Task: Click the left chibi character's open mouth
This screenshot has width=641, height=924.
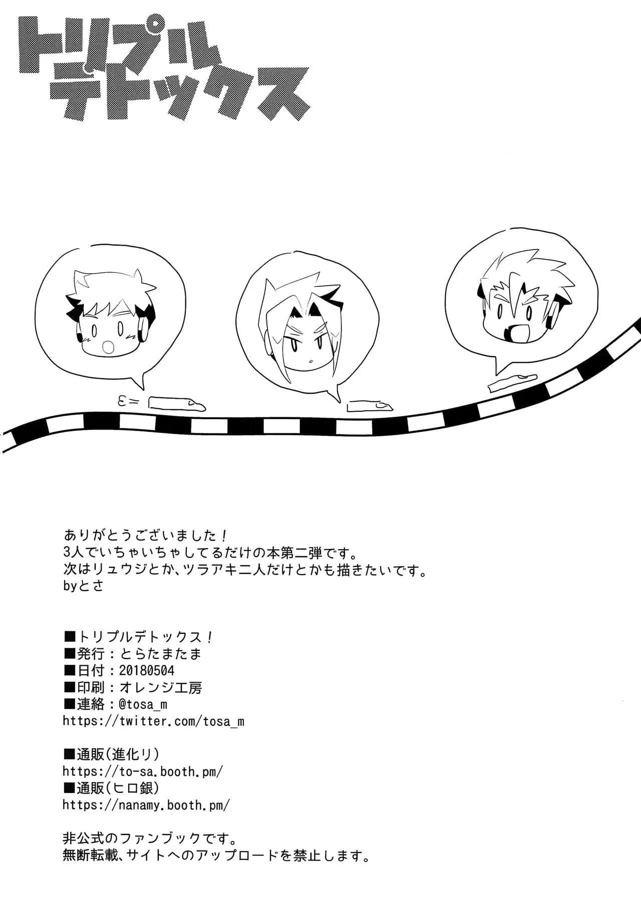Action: tap(108, 346)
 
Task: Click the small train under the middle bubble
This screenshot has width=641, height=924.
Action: tap(370, 406)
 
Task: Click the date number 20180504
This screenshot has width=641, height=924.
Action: tap(146, 670)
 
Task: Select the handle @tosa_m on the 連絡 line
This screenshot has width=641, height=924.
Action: tap(143, 704)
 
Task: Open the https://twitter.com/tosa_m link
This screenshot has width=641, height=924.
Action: tap(153, 721)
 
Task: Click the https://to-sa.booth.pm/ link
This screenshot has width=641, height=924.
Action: tap(143, 771)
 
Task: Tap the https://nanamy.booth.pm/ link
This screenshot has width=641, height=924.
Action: tap(146, 805)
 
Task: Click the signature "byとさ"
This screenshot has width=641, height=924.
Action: tap(83, 586)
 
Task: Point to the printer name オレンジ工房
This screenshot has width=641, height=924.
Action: tap(160, 687)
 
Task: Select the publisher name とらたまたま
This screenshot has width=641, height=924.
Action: tap(160, 653)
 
